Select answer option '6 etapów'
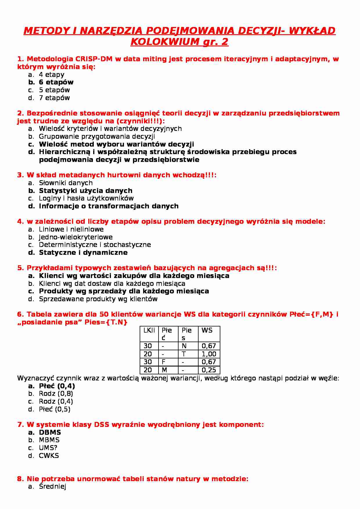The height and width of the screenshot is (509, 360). click(56, 82)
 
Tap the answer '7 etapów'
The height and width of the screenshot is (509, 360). click(54, 98)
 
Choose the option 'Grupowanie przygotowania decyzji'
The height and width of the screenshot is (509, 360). click(97, 136)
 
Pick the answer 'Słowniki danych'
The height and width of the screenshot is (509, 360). click(66, 183)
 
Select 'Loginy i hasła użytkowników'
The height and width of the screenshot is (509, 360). click(86, 198)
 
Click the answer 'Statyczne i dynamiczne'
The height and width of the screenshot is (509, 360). click(83, 252)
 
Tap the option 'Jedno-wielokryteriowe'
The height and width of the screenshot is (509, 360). click(75, 237)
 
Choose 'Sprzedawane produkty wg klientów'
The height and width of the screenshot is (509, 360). click(98, 299)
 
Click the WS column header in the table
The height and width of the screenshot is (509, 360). click(207, 330)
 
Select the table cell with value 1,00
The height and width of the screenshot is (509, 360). click(209, 354)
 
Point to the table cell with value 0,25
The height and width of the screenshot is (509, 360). click(209, 370)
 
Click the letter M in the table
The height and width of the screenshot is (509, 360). click(164, 370)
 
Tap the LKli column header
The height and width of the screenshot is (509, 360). click(149, 330)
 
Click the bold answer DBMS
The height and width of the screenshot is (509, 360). click(50, 432)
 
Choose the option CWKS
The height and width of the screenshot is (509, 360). click(49, 456)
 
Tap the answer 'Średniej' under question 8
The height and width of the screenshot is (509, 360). click(53, 487)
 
